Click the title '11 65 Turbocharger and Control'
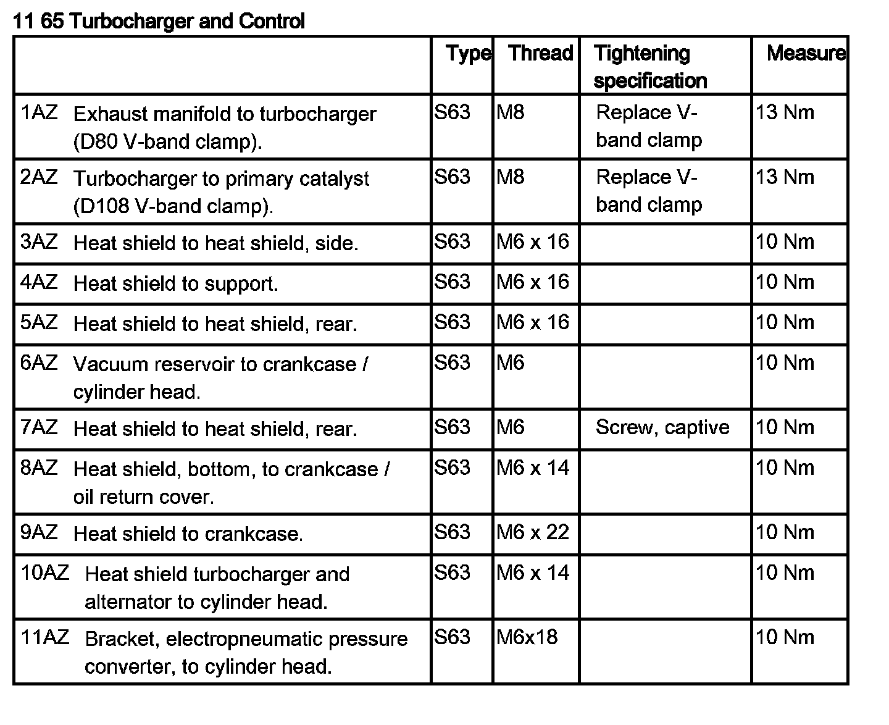pos(159,22)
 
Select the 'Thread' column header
pos(541,53)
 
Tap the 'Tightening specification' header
pos(649,67)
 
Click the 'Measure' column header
pos(806,53)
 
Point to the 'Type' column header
pos(469,54)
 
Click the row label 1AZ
pos(39,112)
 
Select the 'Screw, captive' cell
pos(662,427)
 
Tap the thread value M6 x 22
pos(532,532)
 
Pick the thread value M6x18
pos(527,637)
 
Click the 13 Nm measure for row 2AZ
pos(785,177)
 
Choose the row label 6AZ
pos(39,362)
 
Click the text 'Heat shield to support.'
pos(175,283)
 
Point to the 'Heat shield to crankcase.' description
pos(188,534)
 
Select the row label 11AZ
pos(44,637)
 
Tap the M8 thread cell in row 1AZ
pos(510,112)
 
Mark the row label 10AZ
pos(44,572)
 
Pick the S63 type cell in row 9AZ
pos(452,532)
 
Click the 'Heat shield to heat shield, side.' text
pos(215,243)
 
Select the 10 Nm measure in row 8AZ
pos(785,467)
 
